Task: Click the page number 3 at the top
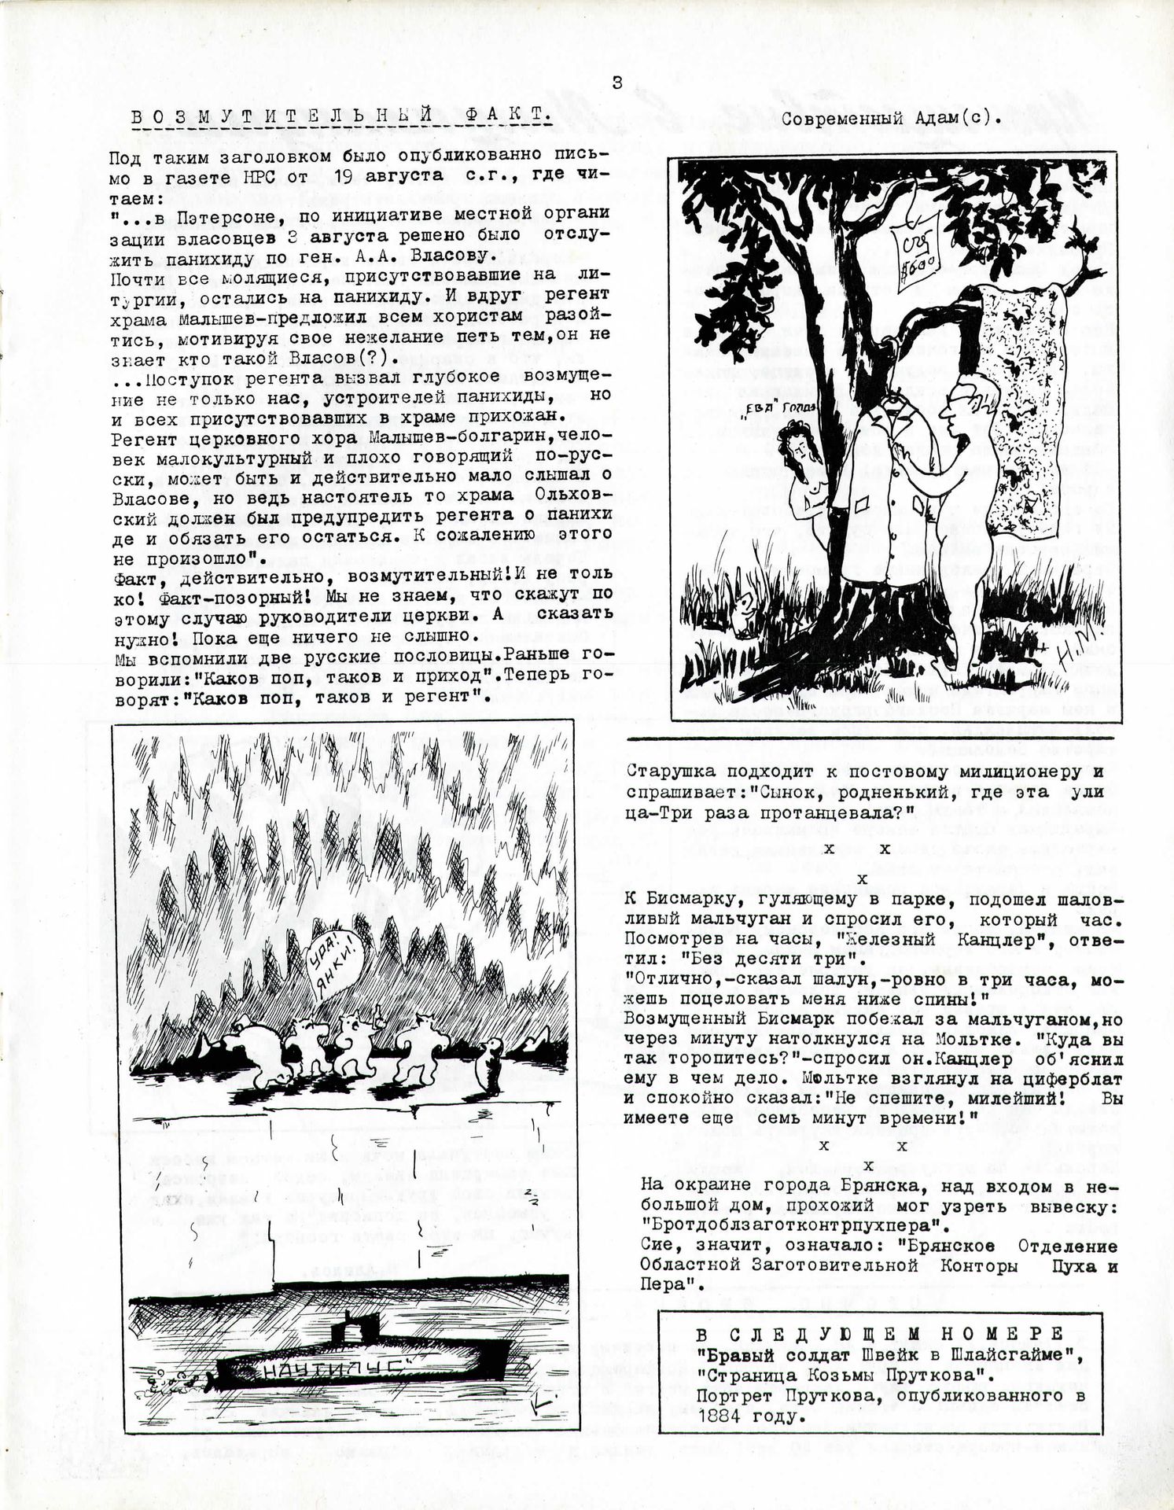(x=617, y=83)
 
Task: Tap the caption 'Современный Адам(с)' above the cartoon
(x=892, y=119)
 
